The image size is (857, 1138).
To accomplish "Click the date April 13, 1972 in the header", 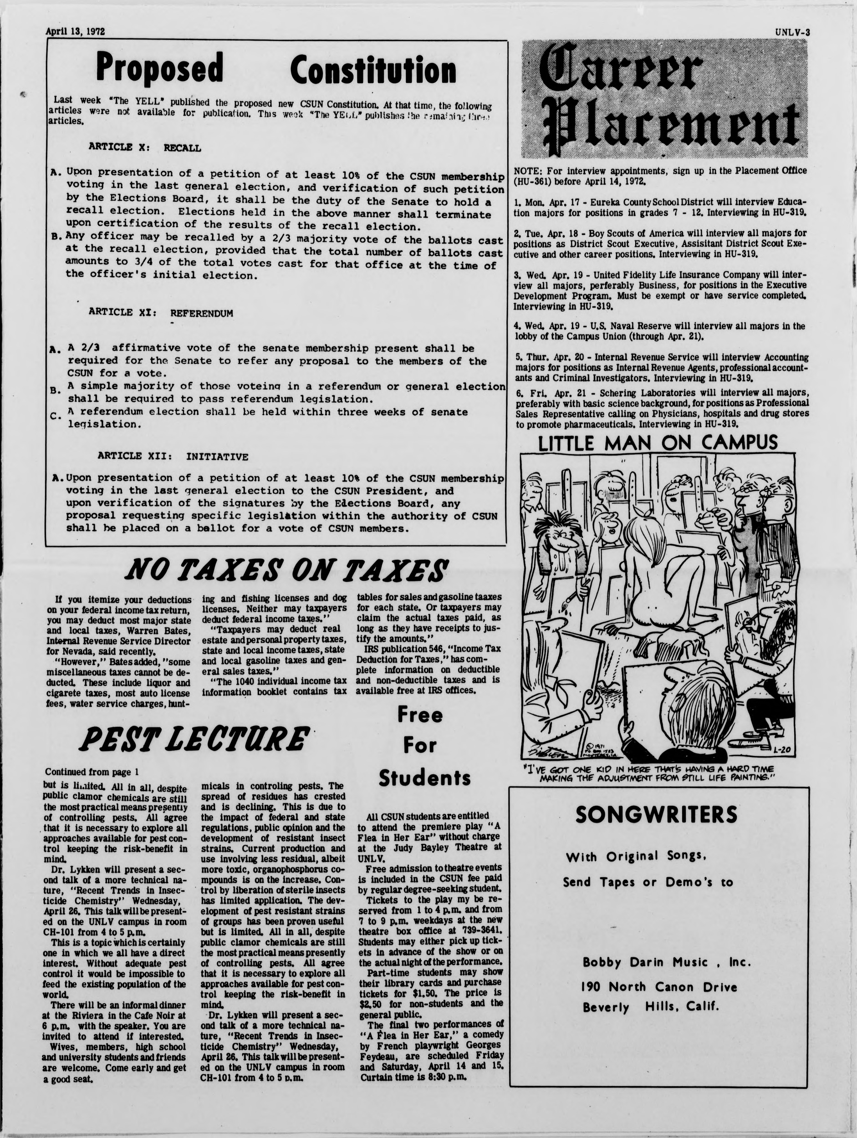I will [75, 31].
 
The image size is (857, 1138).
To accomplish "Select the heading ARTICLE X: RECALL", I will [145, 147].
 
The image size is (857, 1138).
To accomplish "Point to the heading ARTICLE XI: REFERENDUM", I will [161, 313].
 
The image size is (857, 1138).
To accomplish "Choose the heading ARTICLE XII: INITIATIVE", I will [173, 456].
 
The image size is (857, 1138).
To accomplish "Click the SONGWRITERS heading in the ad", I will [656, 815].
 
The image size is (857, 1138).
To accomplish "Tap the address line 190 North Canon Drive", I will [659, 987].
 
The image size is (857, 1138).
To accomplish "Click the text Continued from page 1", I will [92, 772].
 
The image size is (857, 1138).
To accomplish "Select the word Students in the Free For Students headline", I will [425, 778].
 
